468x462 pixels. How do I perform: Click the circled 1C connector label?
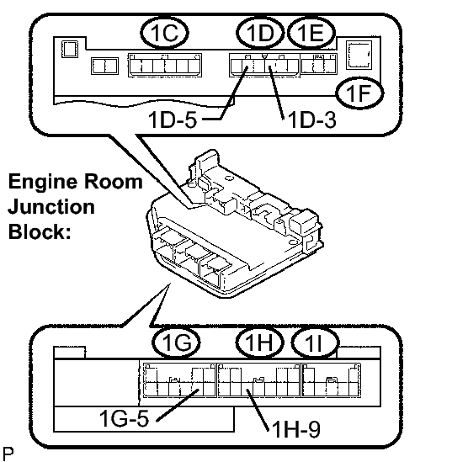click(x=164, y=32)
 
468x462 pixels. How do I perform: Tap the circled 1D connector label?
click(x=260, y=32)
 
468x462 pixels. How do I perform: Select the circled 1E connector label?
click(x=311, y=32)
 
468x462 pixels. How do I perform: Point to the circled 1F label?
click(x=359, y=93)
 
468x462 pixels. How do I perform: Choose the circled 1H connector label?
click(x=259, y=342)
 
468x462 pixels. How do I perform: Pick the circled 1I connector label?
click(x=315, y=342)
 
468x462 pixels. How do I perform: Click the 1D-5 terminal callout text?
click(x=173, y=120)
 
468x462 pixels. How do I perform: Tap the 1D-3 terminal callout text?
click(x=311, y=120)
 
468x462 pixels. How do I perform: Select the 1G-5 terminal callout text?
click(x=124, y=418)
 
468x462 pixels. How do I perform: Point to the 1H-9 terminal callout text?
click(x=296, y=429)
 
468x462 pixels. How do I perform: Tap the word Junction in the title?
click(x=51, y=207)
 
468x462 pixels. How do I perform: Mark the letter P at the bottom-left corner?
click(x=8, y=454)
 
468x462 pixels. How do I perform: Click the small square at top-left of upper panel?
click(x=70, y=49)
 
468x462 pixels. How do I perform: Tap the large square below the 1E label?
click(x=359, y=55)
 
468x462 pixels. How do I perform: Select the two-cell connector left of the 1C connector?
click(x=104, y=66)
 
